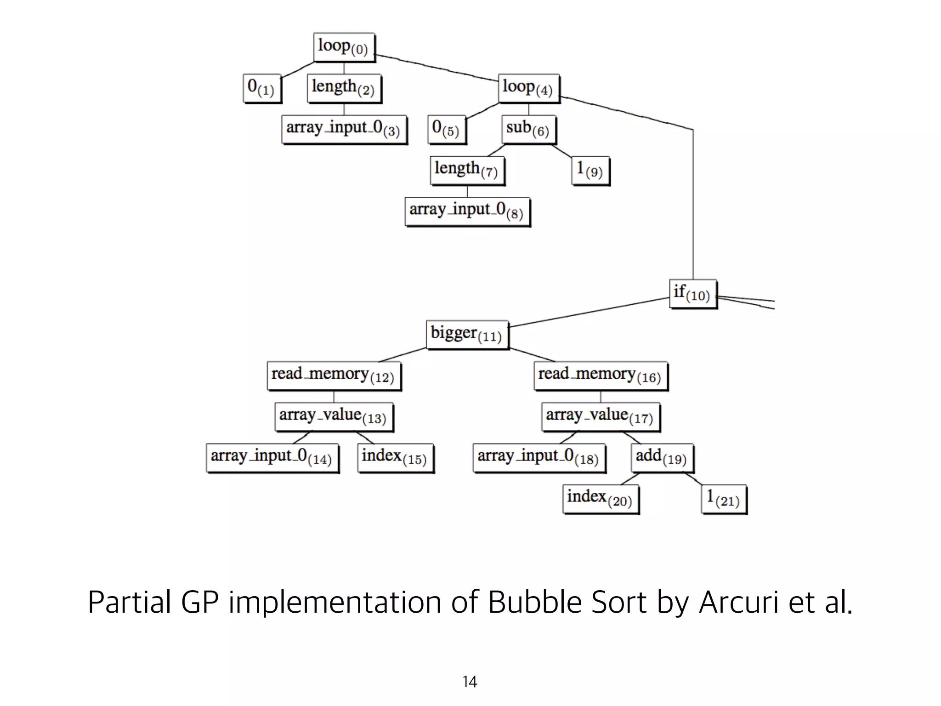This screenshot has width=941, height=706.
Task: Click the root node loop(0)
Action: (344, 47)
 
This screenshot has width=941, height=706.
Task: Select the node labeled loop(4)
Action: (528, 88)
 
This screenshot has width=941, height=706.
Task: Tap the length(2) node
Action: (344, 88)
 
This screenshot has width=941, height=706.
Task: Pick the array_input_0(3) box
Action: (344, 129)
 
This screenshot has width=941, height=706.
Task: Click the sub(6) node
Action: (528, 129)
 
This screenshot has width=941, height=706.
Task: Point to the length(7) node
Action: (467, 170)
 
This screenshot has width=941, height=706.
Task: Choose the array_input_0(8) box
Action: (467, 211)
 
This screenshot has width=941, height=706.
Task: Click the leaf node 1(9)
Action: (590, 170)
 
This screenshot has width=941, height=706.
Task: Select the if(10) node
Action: (692, 294)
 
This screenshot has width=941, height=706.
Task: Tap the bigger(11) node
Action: (467, 335)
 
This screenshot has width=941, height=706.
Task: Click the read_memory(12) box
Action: (334, 376)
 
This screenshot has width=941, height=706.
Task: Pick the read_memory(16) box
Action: (601, 376)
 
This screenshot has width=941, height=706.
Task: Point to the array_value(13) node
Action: (334, 416)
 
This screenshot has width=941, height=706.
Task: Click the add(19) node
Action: (662, 457)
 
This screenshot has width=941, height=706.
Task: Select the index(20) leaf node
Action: (601, 499)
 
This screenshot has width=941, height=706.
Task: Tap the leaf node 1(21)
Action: (724, 499)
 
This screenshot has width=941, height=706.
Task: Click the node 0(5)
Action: (446, 129)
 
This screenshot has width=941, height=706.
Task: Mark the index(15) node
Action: (395, 457)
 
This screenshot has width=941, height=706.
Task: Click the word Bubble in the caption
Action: (534, 602)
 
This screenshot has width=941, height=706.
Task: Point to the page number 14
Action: (470, 682)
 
